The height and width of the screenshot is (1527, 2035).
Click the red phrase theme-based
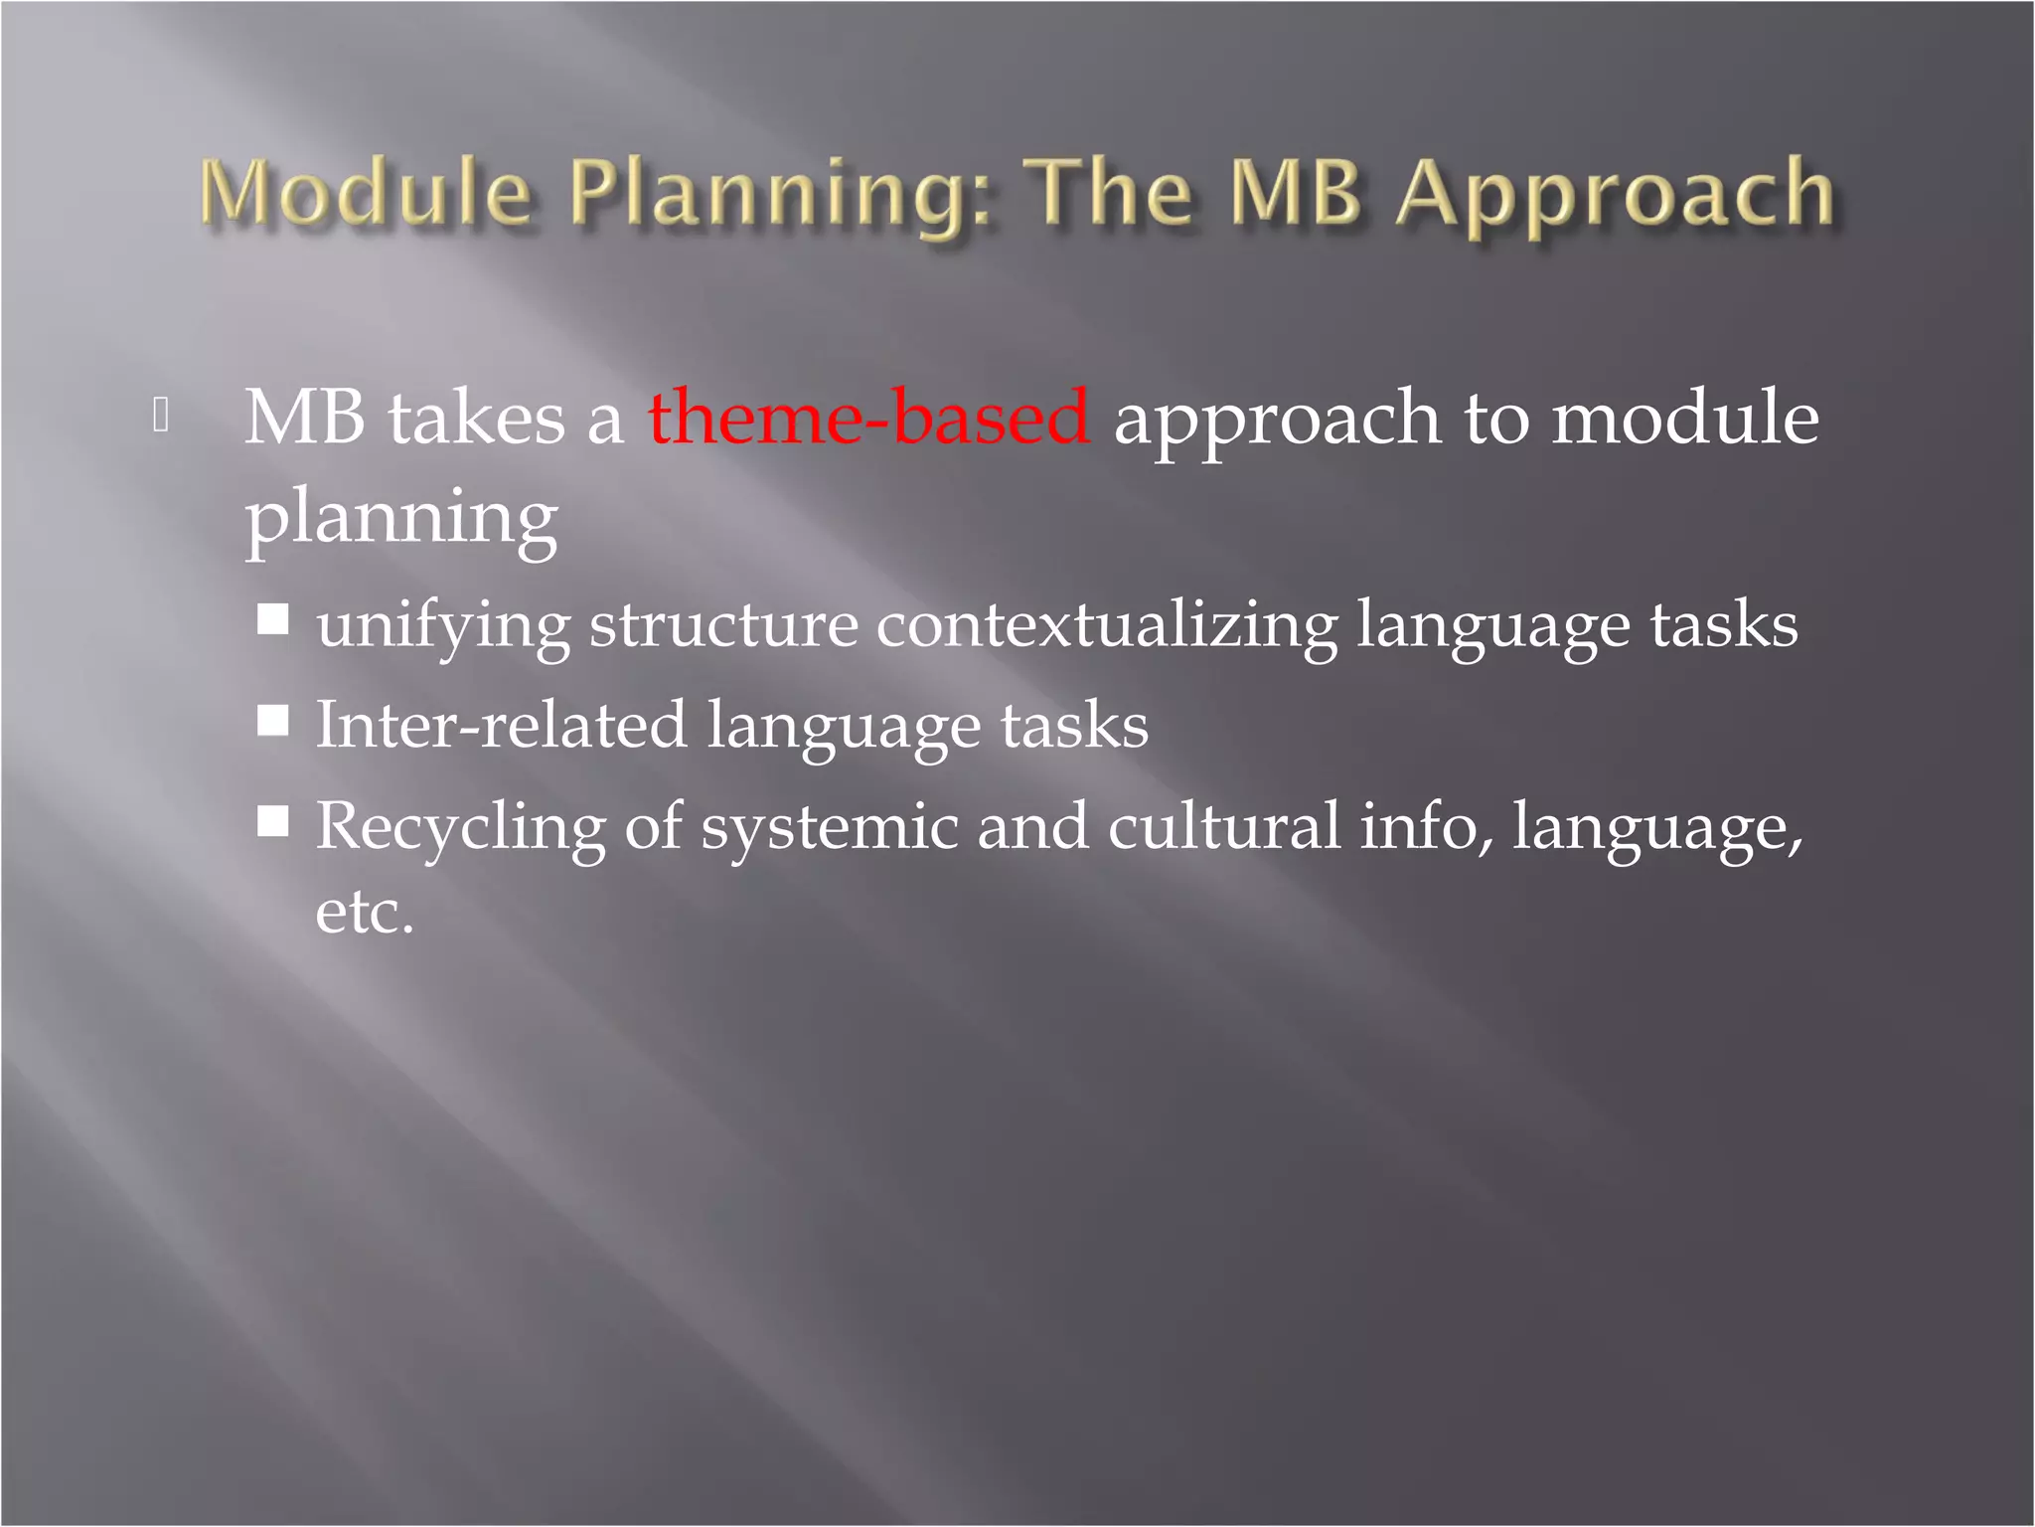[x=868, y=418]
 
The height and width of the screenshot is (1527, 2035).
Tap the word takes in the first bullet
[x=476, y=418]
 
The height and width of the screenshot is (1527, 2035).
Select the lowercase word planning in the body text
[x=401, y=518]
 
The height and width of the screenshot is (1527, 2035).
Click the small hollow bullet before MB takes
[x=162, y=416]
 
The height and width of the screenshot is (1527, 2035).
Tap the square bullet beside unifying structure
[x=273, y=620]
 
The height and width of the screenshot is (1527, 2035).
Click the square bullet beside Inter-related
[x=273, y=720]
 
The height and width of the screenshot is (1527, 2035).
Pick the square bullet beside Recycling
[x=273, y=821]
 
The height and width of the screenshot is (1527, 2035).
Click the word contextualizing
[x=1106, y=626]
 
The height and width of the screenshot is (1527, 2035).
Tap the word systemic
[x=829, y=827]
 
